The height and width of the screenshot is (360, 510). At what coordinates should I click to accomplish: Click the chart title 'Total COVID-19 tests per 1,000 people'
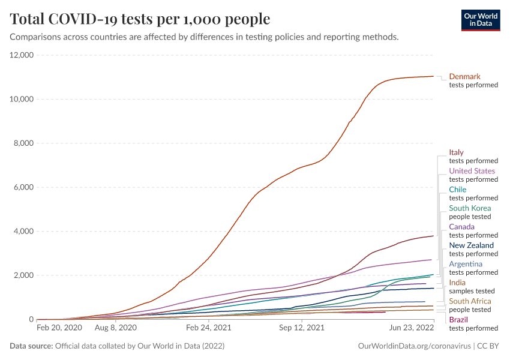tap(140, 19)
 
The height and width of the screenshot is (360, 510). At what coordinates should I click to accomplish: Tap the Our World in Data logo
tap(481, 19)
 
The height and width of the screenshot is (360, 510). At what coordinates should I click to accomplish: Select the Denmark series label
tap(465, 76)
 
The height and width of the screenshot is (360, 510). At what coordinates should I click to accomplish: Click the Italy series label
tap(457, 152)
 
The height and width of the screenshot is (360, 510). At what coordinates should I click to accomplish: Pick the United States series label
tap(472, 171)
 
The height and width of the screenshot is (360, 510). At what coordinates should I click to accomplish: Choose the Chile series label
tap(458, 190)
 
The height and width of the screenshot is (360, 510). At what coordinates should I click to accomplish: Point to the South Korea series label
tap(470, 208)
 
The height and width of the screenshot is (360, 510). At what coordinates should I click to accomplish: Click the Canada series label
tap(462, 227)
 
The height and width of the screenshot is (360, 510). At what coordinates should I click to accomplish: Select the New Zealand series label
tap(472, 245)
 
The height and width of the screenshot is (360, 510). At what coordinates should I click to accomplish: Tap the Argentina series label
tap(466, 264)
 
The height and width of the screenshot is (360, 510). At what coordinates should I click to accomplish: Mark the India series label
tap(457, 283)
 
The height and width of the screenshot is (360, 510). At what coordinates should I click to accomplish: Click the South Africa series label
tap(470, 301)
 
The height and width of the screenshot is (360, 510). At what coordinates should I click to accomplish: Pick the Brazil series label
tap(458, 320)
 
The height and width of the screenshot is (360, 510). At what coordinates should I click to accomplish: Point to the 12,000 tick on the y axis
tap(22, 55)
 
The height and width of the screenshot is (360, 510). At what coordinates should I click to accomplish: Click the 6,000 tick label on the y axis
tap(24, 187)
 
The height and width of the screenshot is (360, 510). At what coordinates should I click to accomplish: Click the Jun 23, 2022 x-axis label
tap(412, 328)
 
